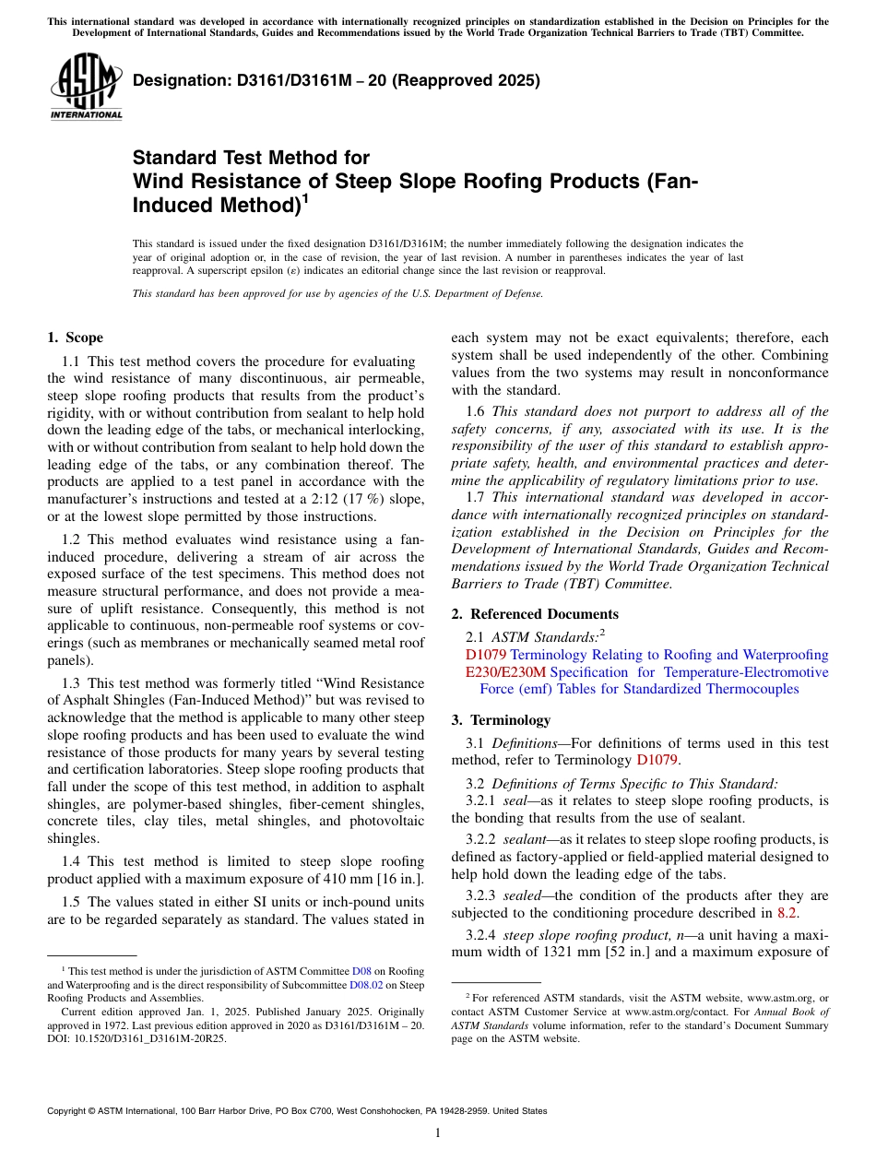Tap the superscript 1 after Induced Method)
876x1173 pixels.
[305, 198]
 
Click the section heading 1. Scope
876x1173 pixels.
[75, 338]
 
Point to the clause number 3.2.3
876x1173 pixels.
[483, 895]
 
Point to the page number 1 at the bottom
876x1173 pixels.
[438, 1133]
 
